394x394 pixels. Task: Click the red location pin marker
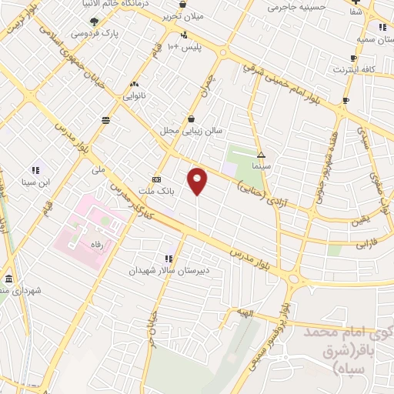point(198,181)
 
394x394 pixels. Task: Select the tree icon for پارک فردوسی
point(94,22)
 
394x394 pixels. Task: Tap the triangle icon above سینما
point(262,155)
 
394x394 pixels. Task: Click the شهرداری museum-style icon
point(8,279)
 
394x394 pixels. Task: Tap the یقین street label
point(360,222)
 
